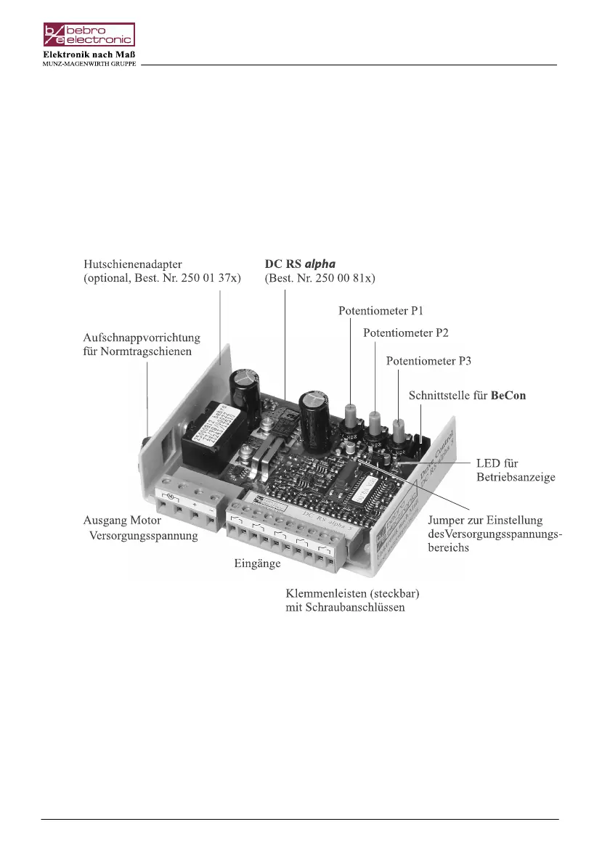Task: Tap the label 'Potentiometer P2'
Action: pyautogui.click(x=405, y=333)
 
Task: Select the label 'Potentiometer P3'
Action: pyautogui.click(x=428, y=361)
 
